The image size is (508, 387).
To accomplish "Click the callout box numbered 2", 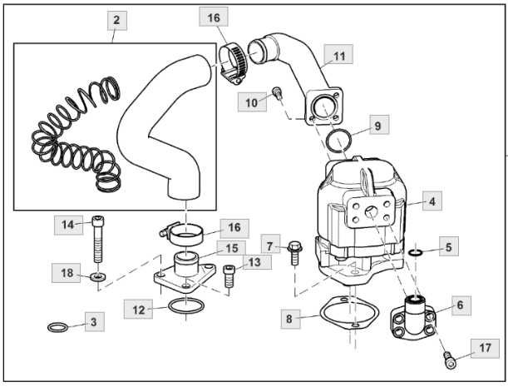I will (x=116, y=18).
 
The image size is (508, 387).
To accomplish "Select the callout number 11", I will (x=338, y=57).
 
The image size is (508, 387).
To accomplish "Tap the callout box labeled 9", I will (x=377, y=126).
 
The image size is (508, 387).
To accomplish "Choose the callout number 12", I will (x=139, y=309).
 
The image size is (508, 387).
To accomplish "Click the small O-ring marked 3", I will (x=57, y=325).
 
